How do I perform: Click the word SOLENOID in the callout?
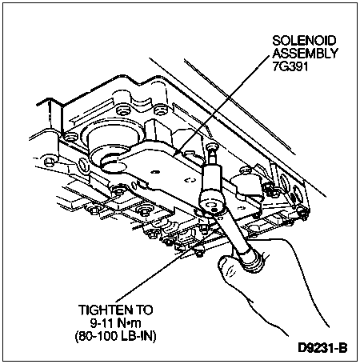click(304, 41)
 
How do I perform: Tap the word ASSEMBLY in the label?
click(305, 54)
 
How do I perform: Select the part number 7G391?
click(290, 66)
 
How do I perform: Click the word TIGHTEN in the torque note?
click(102, 310)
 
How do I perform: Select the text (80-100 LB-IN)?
click(115, 336)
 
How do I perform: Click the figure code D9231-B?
click(322, 348)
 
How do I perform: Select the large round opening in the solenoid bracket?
click(113, 166)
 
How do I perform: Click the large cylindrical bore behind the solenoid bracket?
click(114, 141)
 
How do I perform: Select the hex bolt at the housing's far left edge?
click(50, 162)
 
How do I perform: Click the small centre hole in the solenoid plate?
click(154, 172)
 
